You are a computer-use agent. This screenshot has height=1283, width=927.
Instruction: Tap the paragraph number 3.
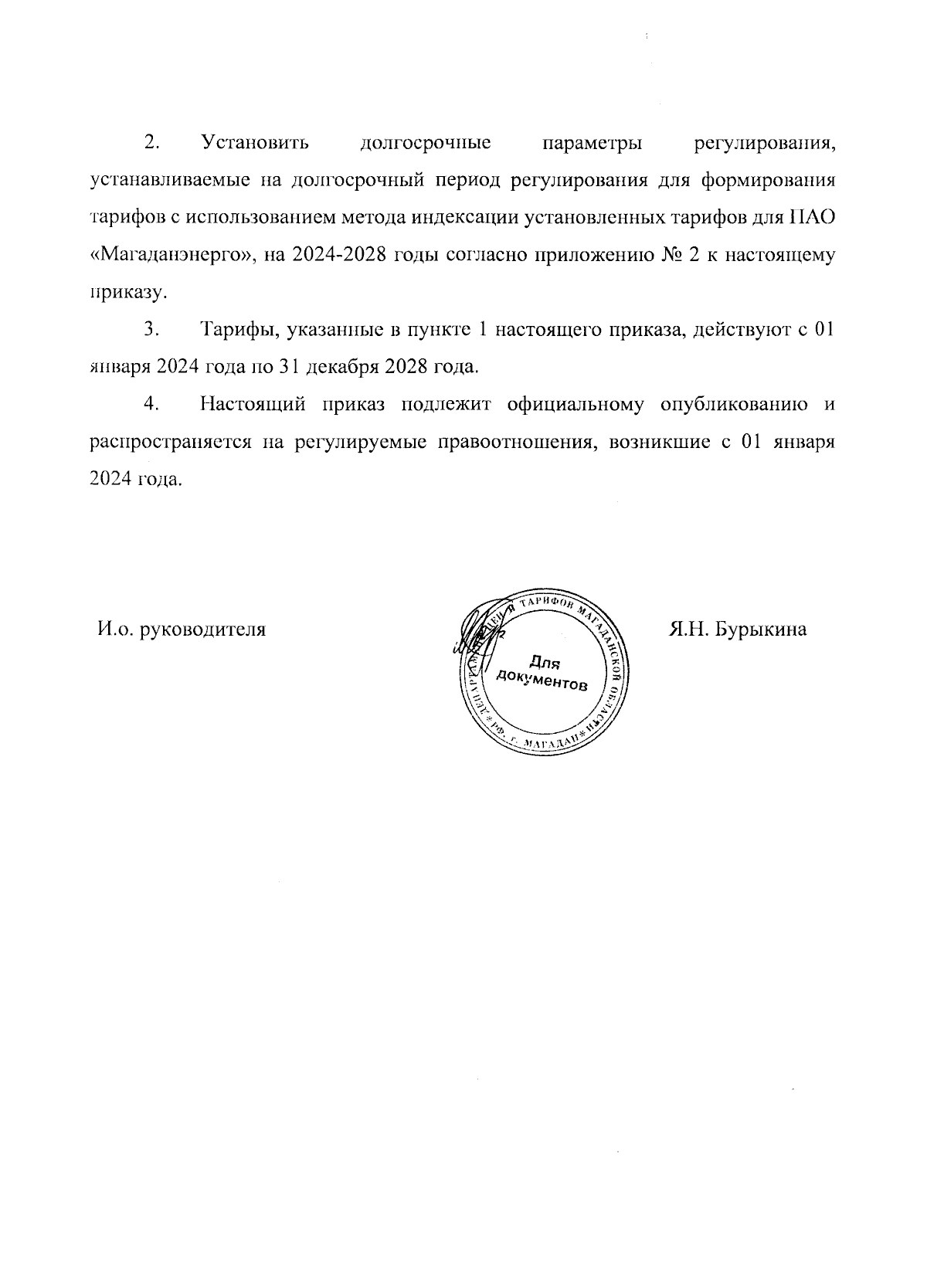tap(151, 330)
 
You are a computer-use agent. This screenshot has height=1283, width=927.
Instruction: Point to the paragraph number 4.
tap(151, 404)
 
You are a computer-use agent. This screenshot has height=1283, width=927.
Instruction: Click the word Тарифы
tap(239, 330)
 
